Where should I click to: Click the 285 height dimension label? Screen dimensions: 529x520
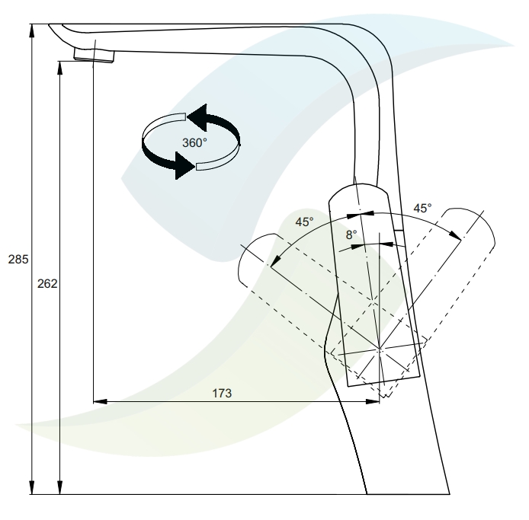18,260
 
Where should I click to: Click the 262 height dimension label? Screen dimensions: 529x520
47,284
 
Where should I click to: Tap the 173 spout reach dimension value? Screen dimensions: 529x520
222,394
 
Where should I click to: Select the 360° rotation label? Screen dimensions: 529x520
194,143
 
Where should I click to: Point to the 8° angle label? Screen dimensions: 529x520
351,235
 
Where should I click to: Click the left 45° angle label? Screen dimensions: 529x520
304,222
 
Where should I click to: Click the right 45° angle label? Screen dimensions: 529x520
422,209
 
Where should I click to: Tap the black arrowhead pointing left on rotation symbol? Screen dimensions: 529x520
197,117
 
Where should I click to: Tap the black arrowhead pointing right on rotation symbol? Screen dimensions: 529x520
185,165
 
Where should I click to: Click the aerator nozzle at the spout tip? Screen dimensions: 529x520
94,56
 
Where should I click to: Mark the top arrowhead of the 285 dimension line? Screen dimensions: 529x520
32,30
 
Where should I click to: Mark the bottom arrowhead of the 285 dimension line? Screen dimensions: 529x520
32,488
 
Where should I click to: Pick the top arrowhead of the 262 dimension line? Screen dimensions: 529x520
60,68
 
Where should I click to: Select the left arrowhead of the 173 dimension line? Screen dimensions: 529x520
100,401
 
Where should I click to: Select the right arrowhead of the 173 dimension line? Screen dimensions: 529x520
373,401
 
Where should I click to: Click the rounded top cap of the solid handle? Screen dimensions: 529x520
358,190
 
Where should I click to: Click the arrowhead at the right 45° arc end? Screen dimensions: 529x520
455,234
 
